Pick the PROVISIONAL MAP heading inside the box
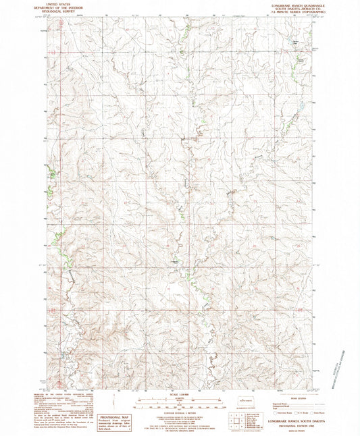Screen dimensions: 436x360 pos(111,418)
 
